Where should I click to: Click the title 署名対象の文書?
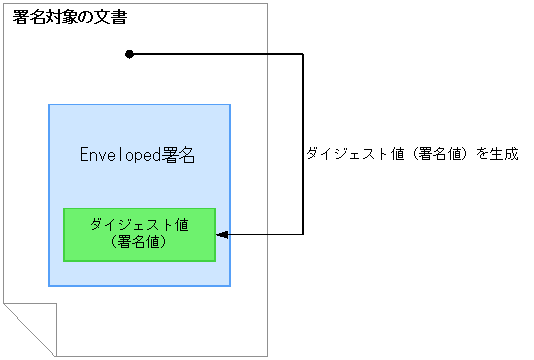(69, 18)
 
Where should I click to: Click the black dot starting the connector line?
(129, 54)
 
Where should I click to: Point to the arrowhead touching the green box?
(223, 235)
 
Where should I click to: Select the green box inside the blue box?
(139, 234)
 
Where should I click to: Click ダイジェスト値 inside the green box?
(139, 225)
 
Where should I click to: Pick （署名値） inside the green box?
(139, 242)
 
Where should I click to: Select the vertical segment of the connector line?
(301, 144)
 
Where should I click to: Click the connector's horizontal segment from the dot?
(215, 54)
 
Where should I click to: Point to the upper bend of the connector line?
(301, 54)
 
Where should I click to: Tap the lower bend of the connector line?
(301, 235)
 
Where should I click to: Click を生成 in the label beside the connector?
(497, 155)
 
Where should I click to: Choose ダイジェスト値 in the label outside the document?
(354, 155)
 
